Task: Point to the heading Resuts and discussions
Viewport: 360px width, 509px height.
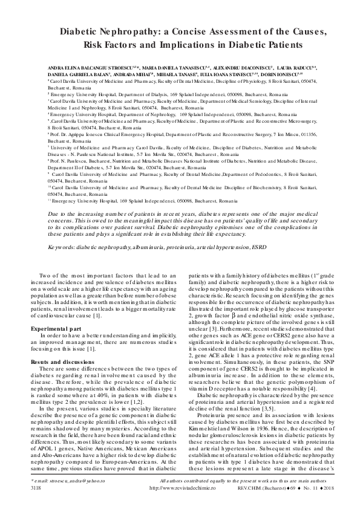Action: click(63, 360)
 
